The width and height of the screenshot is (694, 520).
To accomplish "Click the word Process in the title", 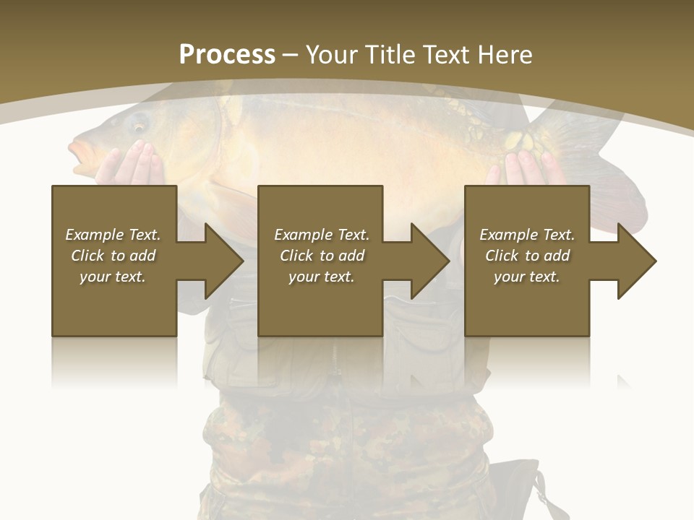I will [x=227, y=55].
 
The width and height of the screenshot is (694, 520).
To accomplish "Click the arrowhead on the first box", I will [x=217, y=261].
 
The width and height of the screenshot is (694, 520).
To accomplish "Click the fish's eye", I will [x=137, y=124].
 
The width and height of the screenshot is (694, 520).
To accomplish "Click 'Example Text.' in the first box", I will [x=113, y=235].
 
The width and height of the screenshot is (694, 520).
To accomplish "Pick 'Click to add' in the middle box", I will [x=322, y=256].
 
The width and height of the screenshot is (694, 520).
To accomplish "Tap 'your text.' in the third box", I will [x=527, y=277].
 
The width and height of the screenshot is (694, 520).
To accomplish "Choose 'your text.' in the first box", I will [x=113, y=277].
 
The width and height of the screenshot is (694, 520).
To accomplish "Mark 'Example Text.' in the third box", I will [x=527, y=235].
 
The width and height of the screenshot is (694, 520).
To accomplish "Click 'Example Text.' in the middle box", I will [x=322, y=235].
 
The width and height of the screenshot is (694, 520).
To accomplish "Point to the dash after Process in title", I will [x=291, y=55].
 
